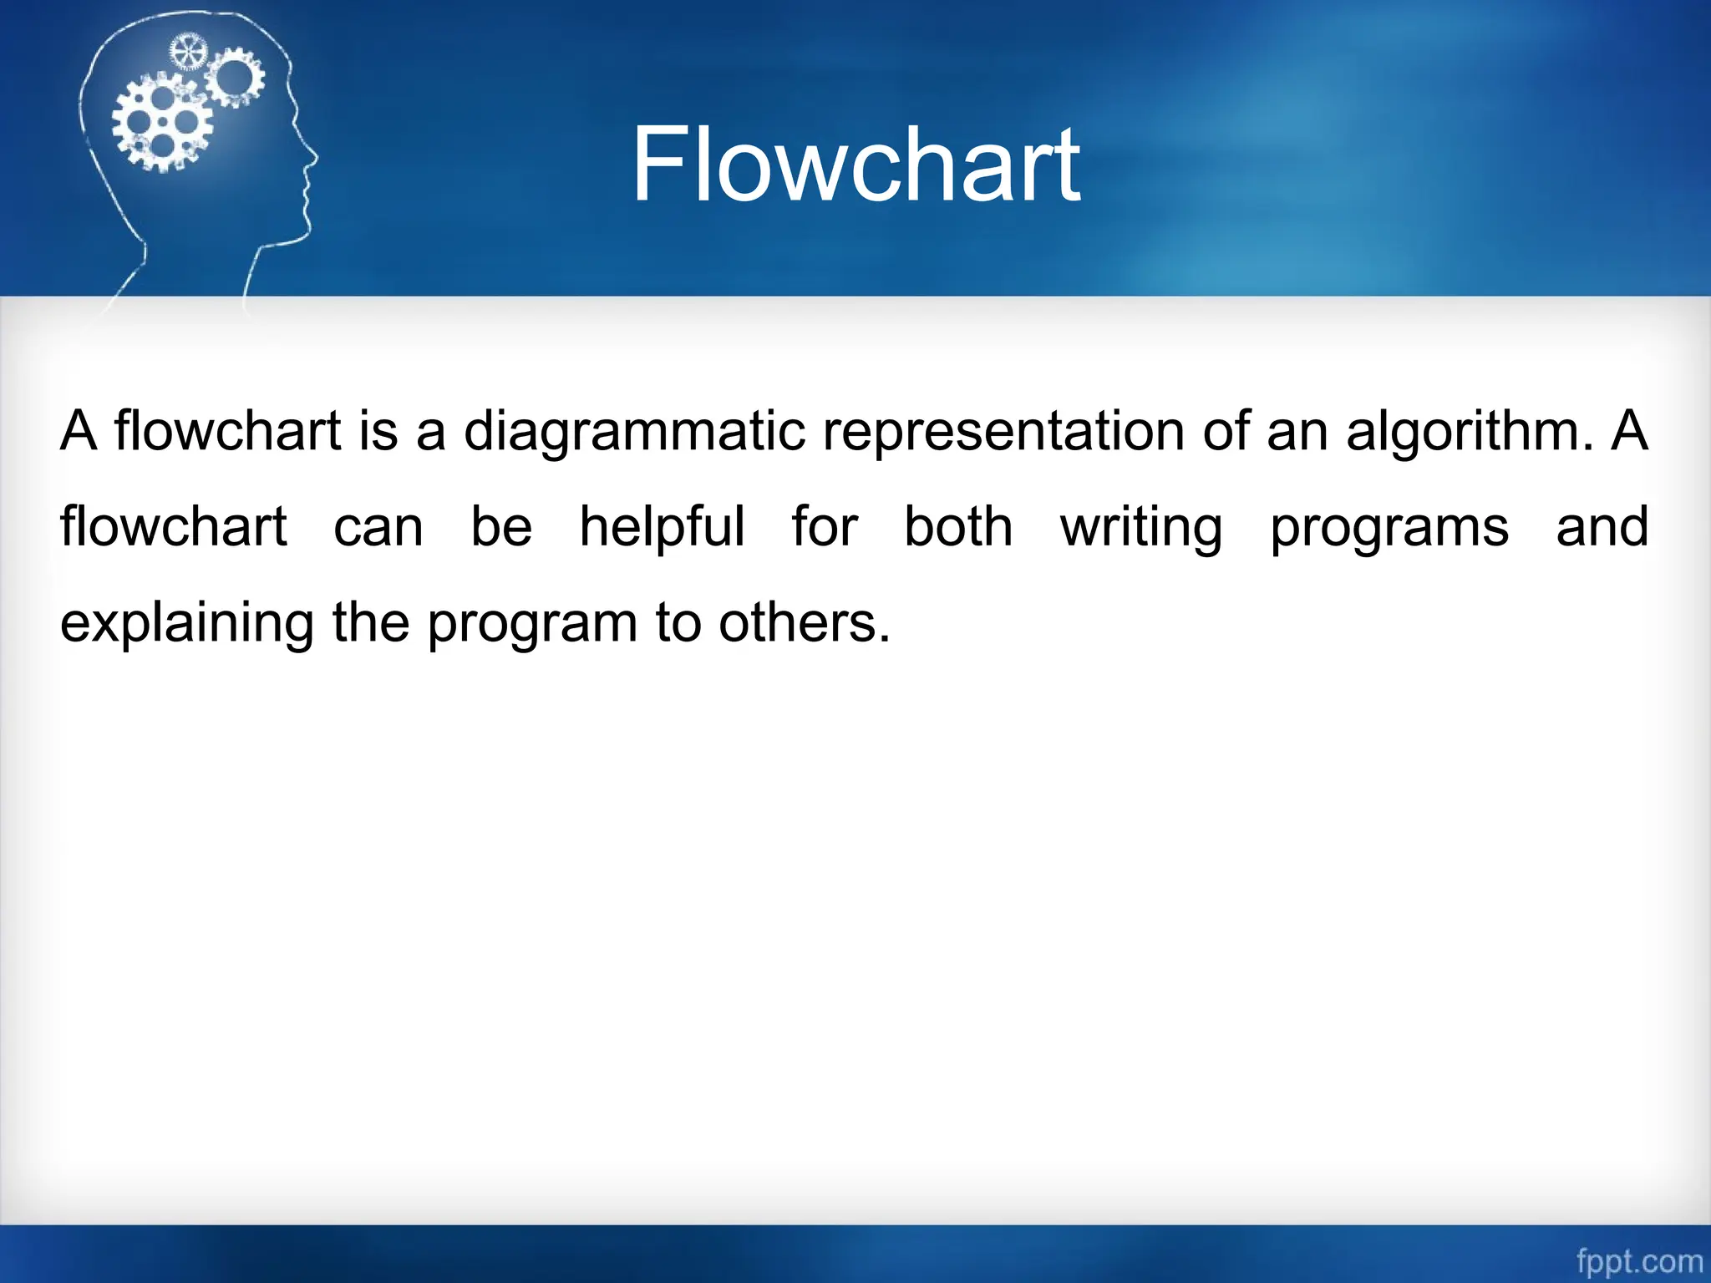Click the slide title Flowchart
[x=855, y=164]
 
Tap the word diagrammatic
[x=634, y=432]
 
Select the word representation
[x=1003, y=432]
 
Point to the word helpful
[x=662, y=528]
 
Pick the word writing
[x=1140, y=528]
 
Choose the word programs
[x=1389, y=528]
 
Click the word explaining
[x=187, y=624]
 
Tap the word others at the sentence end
[x=804, y=622]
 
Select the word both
[x=958, y=526]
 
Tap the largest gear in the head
[x=162, y=123]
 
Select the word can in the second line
[x=378, y=528]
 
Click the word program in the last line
[x=532, y=624]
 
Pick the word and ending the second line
[x=1602, y=526]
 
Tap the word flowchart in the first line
[x=227, y=432]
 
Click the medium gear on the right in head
[x=235, y=77]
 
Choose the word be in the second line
[x=501, y=526]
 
